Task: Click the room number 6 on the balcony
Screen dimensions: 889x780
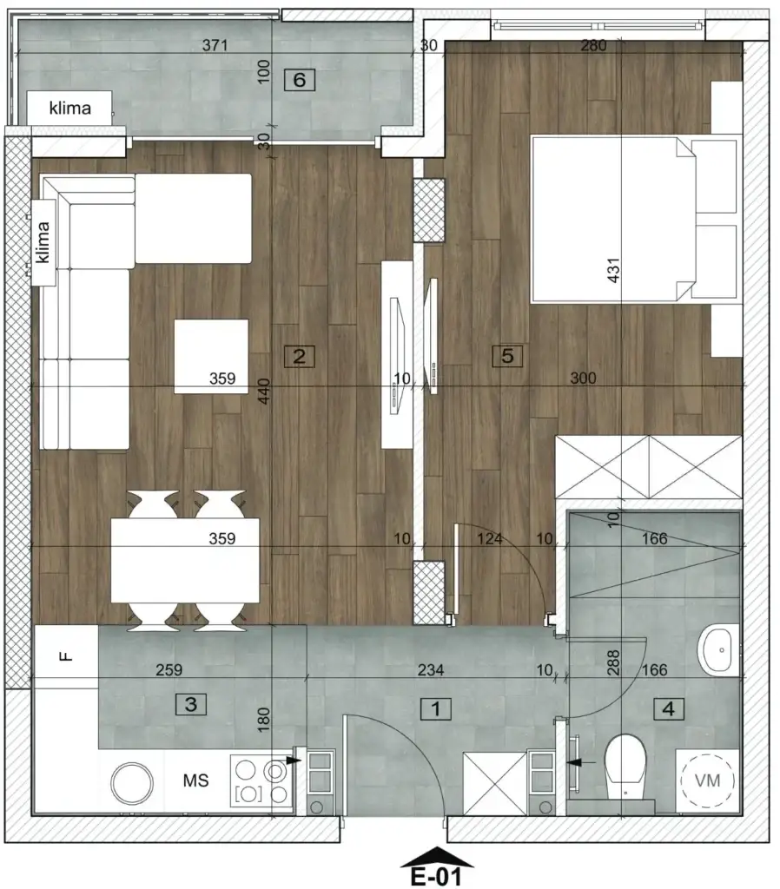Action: pos(300,81)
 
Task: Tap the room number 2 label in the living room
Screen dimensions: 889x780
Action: pos(300,356)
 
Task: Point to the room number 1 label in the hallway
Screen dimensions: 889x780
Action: pos(436,710)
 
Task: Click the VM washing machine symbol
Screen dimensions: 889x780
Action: pos(708,780)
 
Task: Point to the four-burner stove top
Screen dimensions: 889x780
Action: pos(261,781)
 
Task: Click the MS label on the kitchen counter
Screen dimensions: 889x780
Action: pos(195,781)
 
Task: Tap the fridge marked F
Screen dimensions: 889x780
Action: pos(66,656)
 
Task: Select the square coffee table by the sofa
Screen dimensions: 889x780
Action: pos(211,356)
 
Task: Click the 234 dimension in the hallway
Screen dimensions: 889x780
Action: pos(431,670)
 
